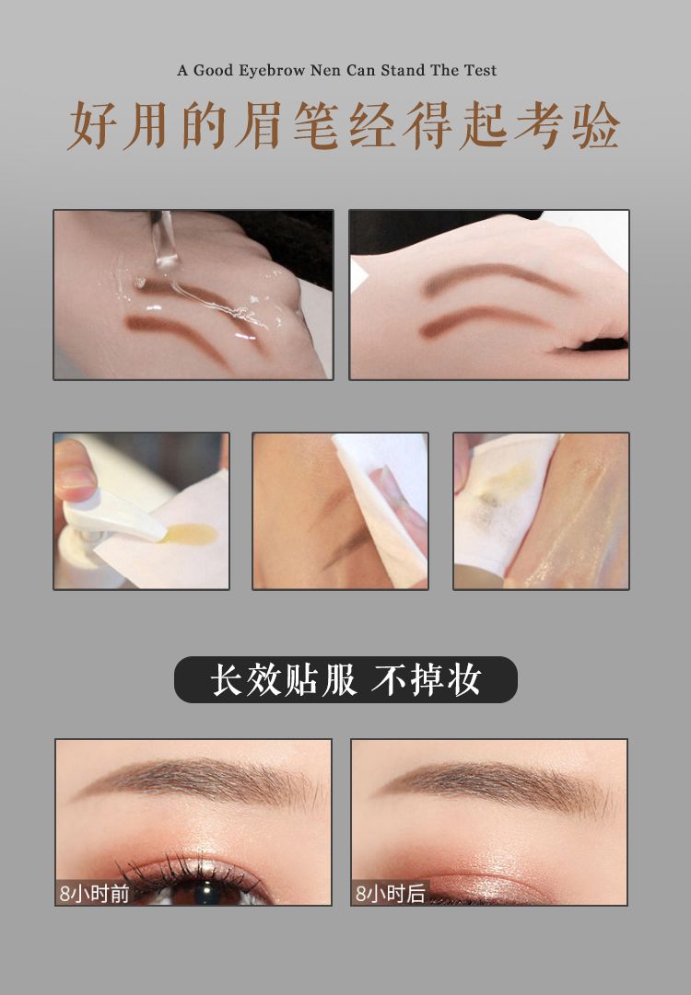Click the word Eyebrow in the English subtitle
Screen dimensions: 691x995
tap(272, 71)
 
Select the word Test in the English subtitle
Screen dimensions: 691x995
tap(480, 71)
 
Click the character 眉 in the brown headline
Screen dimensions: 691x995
tap(259, 125)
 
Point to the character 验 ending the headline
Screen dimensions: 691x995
tap(595, 125)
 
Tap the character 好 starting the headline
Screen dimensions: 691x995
tap(93, 125)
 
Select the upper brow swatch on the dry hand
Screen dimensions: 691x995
tap(496, 279)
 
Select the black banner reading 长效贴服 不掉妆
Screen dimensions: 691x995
tap(345, 679)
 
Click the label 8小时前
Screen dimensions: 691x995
tap(94, 894)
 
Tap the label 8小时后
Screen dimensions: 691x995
tap(390, 894)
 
